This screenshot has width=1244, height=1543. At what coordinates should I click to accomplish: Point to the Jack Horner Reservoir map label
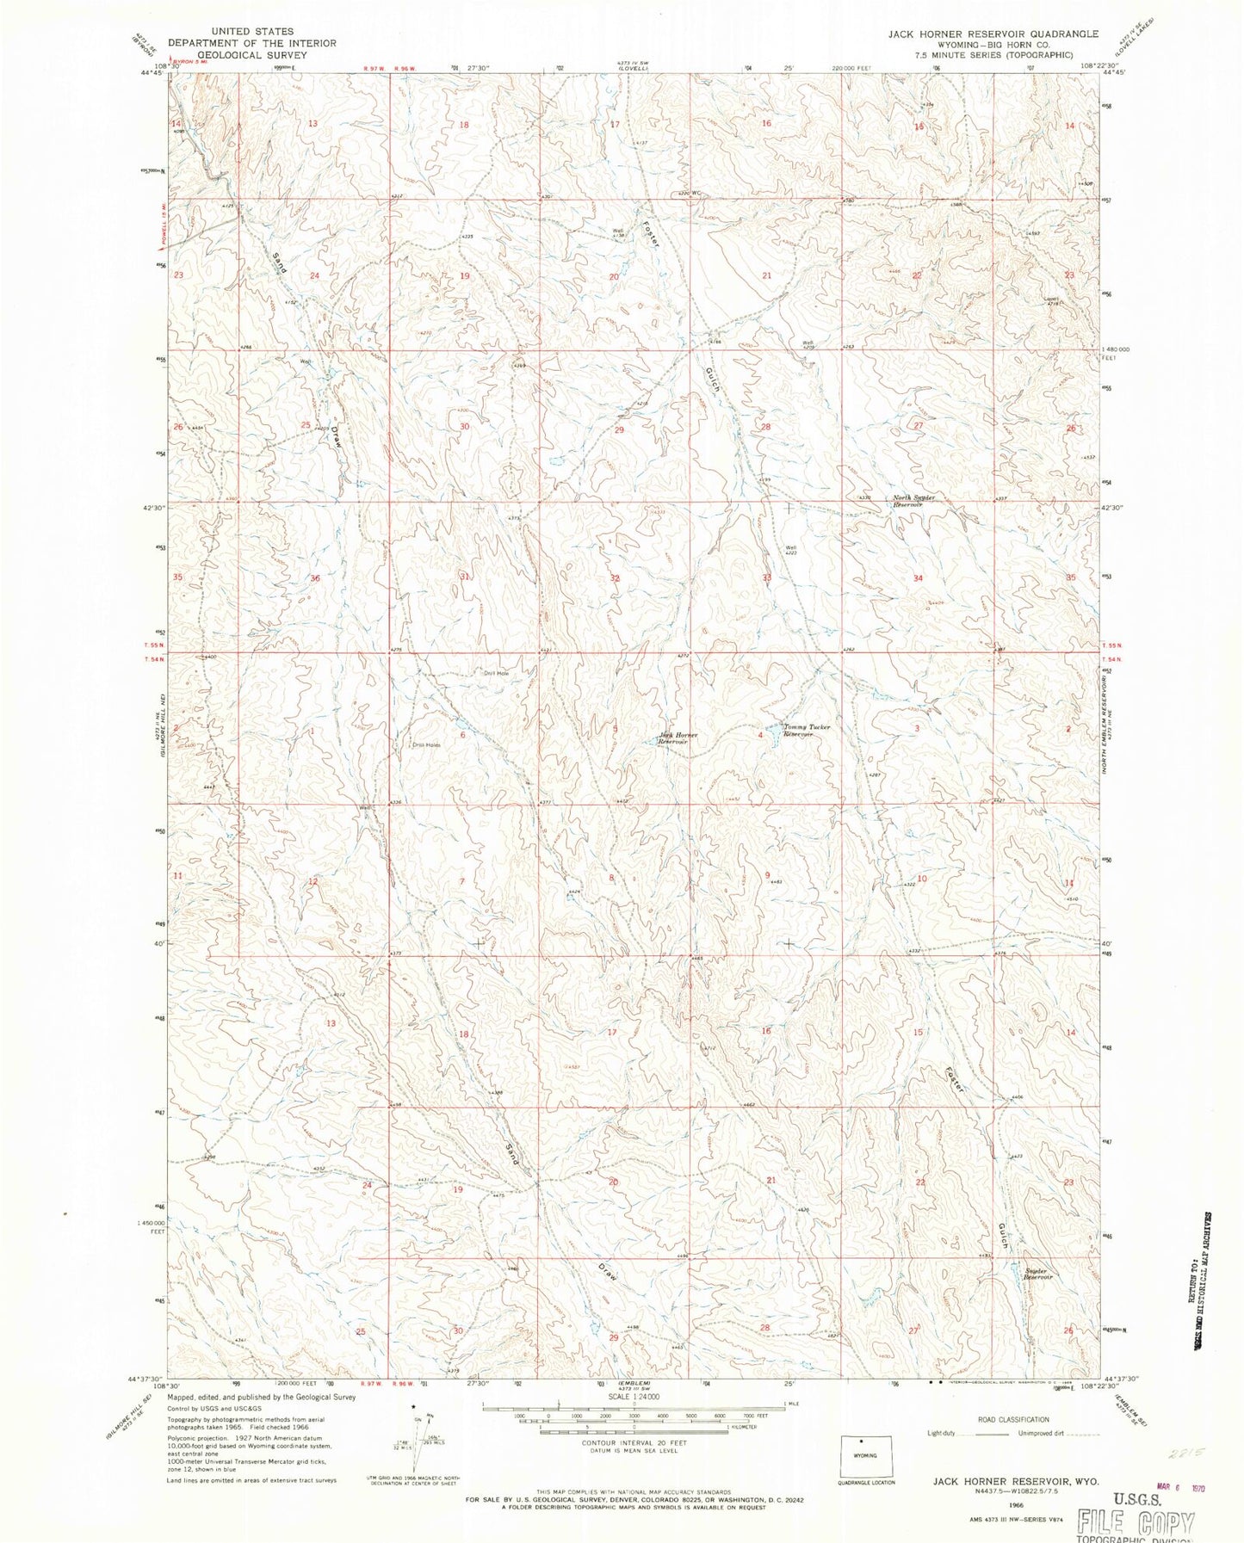[678, 738]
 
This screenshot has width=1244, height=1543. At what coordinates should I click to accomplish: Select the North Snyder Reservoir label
[913, 501]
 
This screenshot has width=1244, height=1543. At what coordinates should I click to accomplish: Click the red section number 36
[315, 578]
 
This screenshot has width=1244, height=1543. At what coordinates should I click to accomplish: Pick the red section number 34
[919, 578]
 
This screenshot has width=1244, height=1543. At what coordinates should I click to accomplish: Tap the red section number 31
[465, 577]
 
